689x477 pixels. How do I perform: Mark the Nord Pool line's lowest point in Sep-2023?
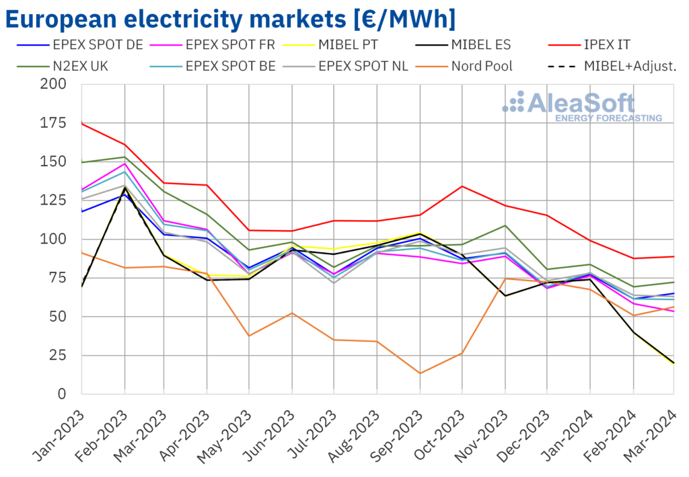click(421, 373)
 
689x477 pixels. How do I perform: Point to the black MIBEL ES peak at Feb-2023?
click(124, 188)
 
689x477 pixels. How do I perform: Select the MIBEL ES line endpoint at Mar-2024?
click(674, 363)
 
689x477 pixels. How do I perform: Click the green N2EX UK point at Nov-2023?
click(505, 225)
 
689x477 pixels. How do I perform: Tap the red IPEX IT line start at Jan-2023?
click(82, 123)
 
